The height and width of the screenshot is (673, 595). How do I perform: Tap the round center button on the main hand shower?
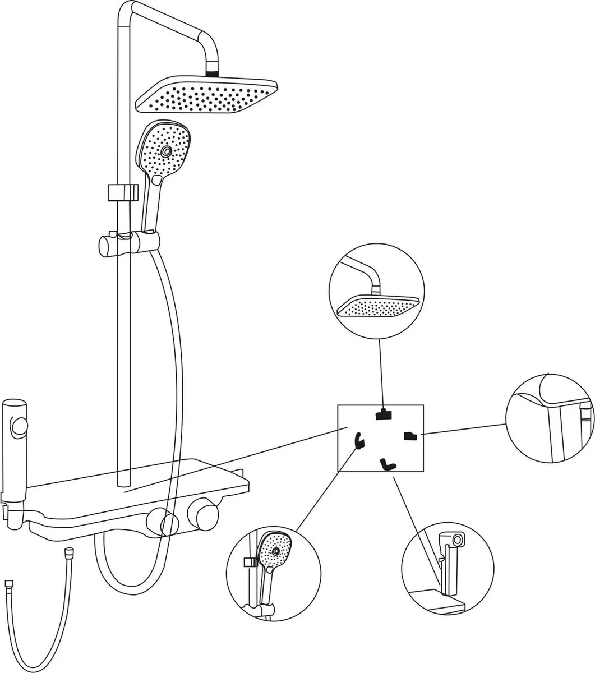coord(166,151)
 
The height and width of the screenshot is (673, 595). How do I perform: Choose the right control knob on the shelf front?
coord(202,514)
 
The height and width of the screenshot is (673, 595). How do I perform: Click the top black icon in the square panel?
coord(383,414)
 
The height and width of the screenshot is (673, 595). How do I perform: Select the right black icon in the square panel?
coord(410,435)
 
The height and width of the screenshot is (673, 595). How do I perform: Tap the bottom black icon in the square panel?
coord(387,464)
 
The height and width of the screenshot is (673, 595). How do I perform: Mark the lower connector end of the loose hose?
coord(10,583)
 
